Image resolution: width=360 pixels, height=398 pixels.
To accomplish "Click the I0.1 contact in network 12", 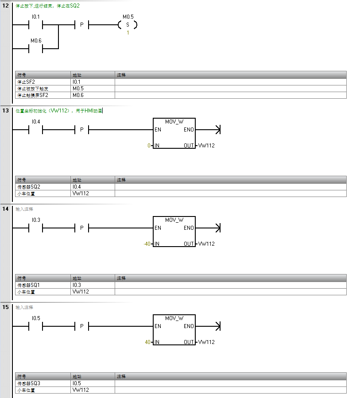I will pos(35,25).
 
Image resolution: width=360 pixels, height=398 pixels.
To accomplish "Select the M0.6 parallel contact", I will pos(35,49).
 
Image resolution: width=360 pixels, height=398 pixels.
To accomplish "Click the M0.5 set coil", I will pos(128,25).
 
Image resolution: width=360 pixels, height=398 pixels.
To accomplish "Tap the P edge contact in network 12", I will pos(81,25).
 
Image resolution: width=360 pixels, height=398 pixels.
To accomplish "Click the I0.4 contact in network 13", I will pos(35,130).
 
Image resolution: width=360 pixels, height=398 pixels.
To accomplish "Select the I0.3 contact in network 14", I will pos(35,228).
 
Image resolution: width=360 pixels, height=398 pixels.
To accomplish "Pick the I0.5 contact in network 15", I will pos(35,326).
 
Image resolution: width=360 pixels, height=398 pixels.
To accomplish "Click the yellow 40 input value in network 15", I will pos(148,342).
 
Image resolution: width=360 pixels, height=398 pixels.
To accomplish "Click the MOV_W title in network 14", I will pos(174,220).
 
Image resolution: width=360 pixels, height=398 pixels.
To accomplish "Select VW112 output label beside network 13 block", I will pos(206,145).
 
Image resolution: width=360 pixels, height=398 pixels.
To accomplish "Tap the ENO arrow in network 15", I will pos(217,326).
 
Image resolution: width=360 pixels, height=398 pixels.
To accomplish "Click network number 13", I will pos(5,110).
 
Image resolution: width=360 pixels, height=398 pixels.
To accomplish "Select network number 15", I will pos(5,307).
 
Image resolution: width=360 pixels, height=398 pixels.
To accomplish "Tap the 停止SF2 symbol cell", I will pos(26,82).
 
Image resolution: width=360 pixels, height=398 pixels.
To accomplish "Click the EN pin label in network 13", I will pos(158,130).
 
